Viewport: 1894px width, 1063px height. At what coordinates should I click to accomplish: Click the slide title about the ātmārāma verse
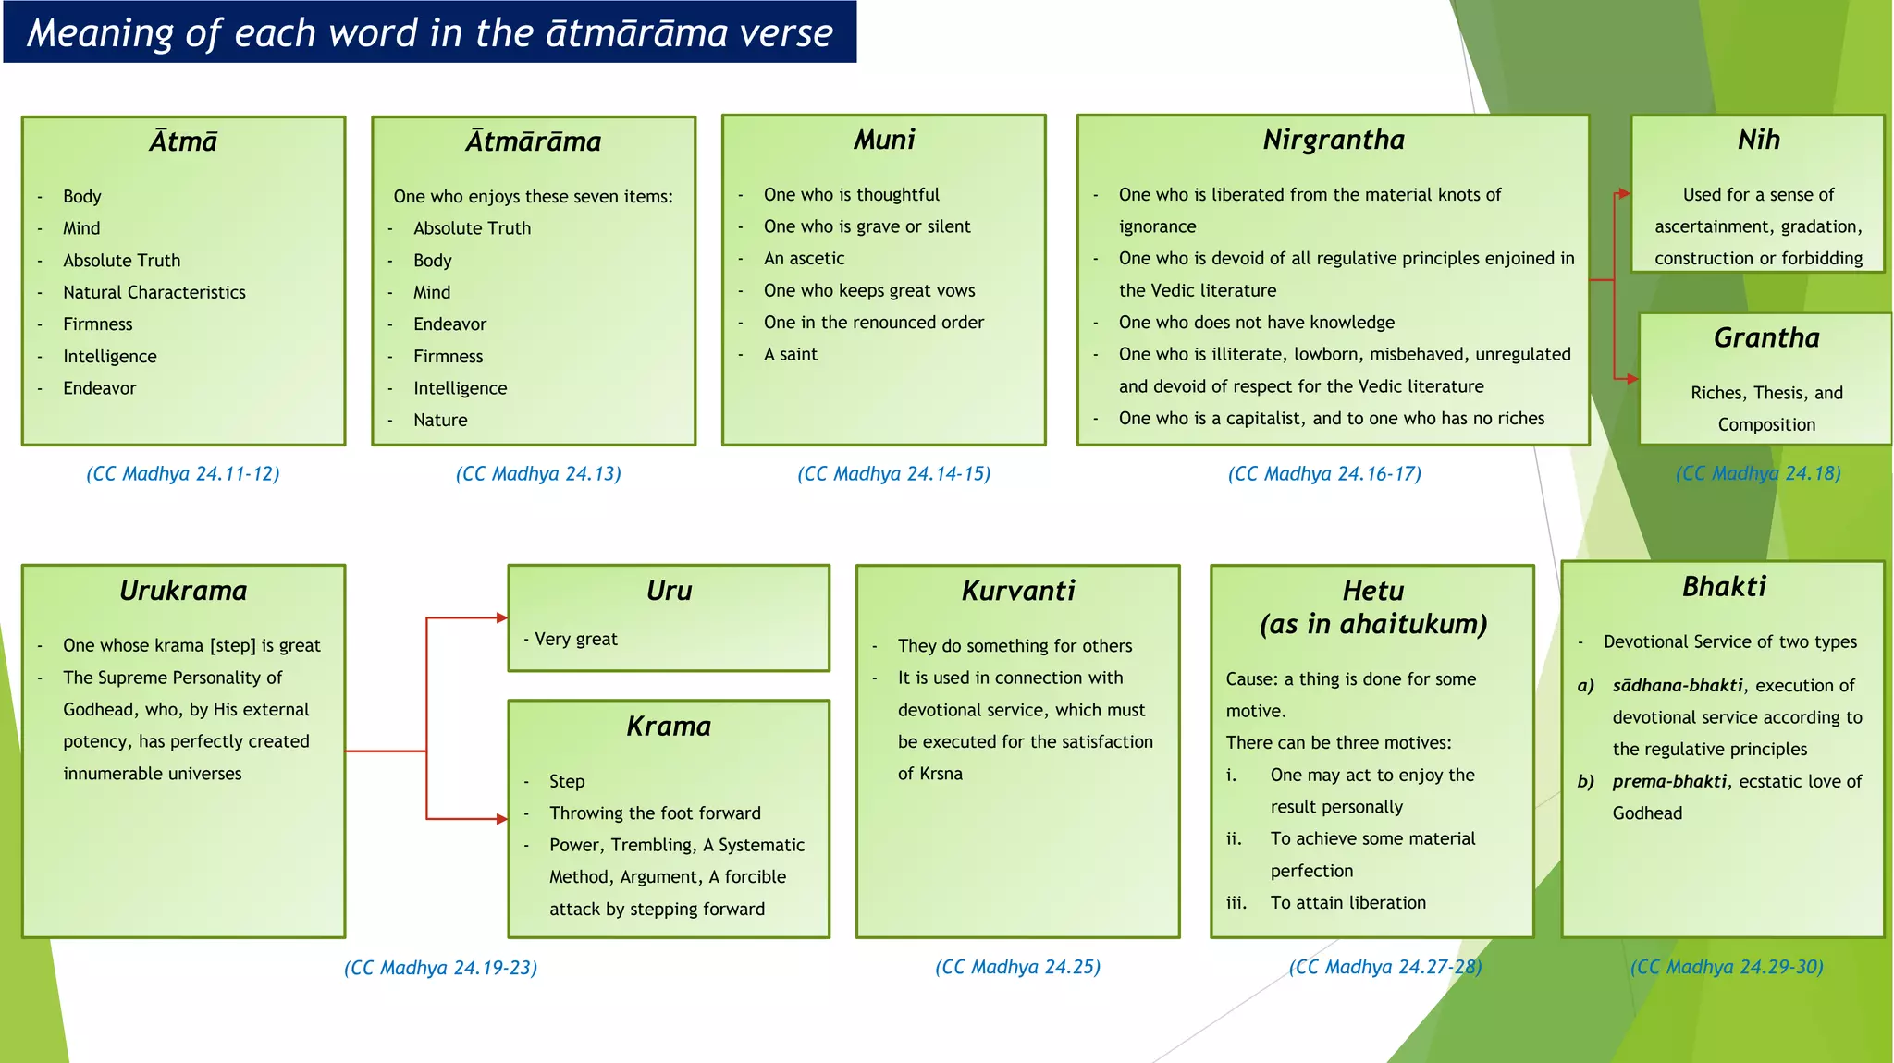(x=429, y=33)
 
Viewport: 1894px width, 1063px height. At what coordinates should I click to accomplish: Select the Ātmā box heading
(x=183, y=141)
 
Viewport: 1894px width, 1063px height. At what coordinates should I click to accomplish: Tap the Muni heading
(x=884, y=140)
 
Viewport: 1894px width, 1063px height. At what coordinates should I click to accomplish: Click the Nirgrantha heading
(x=1334, y=140)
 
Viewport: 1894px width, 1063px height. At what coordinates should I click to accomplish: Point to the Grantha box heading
(x=1766, y=338)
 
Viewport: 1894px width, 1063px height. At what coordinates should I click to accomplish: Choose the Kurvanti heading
(x=1018, y=591)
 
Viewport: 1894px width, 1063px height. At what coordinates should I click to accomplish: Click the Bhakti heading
(x=1724, y=587)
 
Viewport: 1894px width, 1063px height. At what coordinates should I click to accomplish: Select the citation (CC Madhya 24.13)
(x=538, y=474)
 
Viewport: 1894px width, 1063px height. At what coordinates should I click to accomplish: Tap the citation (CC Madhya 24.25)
(x=1017, y=967)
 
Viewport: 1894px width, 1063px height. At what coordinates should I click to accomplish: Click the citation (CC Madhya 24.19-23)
(x=440, y=968)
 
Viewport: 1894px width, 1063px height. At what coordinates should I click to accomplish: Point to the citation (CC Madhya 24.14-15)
(x=893, y=474)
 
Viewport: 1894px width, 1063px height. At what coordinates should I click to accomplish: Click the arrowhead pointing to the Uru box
(x=502, y=617)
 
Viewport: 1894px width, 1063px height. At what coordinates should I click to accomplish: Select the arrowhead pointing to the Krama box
(x=502, y=819)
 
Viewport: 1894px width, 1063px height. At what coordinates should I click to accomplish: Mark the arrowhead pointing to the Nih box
(x=1625, y=194)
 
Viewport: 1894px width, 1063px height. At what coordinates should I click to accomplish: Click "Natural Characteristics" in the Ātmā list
(x=154, y=293)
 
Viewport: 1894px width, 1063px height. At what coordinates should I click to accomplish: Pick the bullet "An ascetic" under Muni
(x=804, y=259)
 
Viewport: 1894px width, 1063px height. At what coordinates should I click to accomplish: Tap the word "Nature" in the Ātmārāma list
(x=440, y=421)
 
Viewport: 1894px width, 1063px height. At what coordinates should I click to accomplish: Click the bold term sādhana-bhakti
(x=1678, y=686)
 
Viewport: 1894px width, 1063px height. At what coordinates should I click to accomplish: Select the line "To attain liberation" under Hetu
(x=1347, y=903)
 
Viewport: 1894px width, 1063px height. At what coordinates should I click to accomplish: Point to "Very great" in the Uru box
(x=575, y=640)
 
